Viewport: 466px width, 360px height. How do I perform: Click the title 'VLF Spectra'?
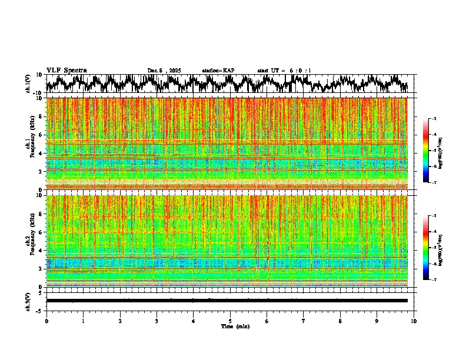pos(66,70)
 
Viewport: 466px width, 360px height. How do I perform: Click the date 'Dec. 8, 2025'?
pos(164,71)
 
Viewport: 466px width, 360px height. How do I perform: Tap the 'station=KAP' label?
pos(218,71)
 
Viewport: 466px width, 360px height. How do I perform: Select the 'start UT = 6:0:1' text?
pos(284,71)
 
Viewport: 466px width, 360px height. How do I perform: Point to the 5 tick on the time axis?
pos(230,321)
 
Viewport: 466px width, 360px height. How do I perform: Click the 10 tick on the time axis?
pos(414,321)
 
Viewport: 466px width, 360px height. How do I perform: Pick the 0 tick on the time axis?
pos(46,321)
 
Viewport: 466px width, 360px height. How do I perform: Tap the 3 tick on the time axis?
pos(157,321)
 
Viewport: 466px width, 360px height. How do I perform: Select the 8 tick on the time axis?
pos(340,321)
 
